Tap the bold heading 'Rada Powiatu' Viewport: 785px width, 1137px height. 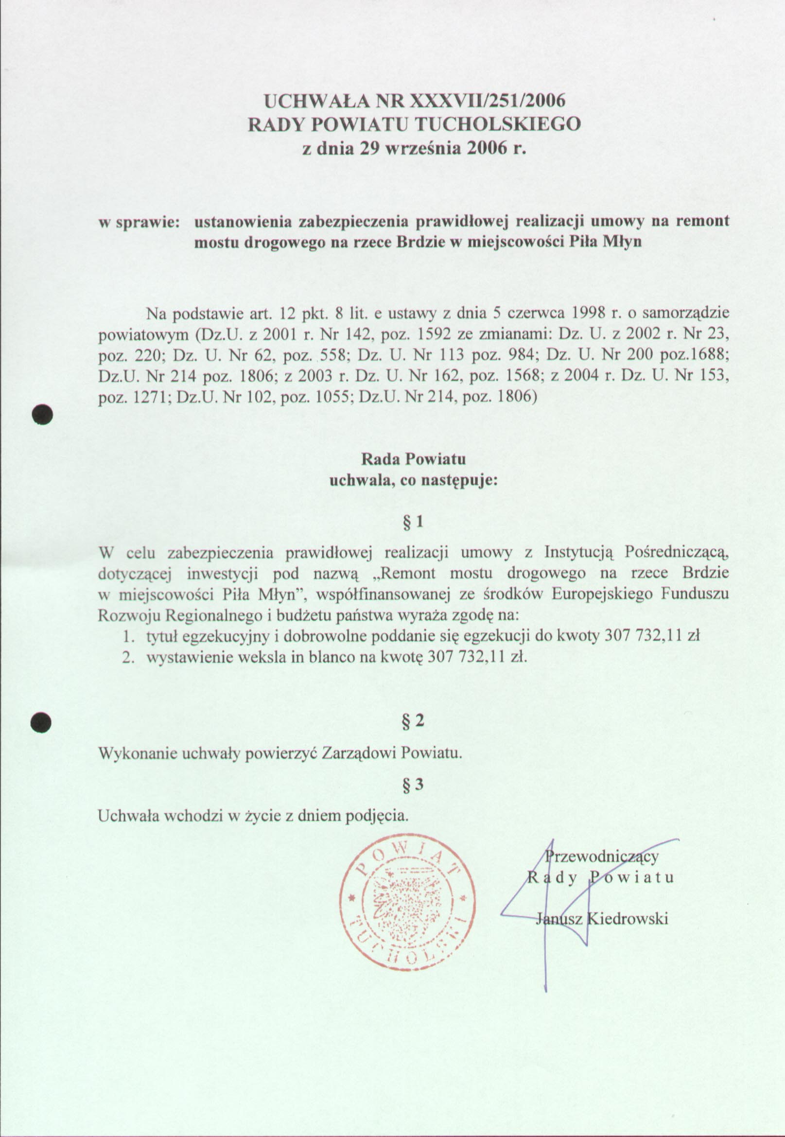413,459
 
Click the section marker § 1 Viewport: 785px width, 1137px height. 413,522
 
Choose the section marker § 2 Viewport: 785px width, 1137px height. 413,721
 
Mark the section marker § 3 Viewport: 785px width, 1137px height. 413,785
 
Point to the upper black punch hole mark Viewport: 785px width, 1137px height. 42,414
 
